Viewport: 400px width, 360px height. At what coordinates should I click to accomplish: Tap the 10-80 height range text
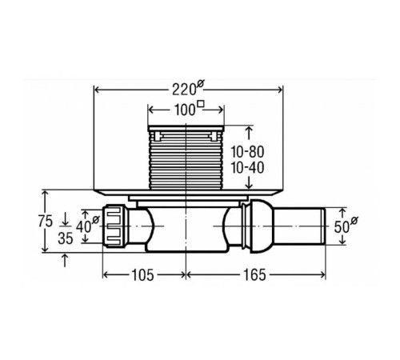tap(247, 152)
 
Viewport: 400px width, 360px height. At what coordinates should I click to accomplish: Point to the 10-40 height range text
tap(247, 168)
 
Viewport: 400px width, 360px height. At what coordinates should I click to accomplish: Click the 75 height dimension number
tap(46, 221)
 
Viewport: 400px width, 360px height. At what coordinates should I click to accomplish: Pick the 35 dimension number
tap(66, 238)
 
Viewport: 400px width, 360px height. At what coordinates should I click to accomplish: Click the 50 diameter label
tap(346, 226)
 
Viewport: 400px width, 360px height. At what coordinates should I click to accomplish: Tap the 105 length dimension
tap(142, 275)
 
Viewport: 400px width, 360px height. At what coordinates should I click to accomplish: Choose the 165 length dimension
tap(254, 275)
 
